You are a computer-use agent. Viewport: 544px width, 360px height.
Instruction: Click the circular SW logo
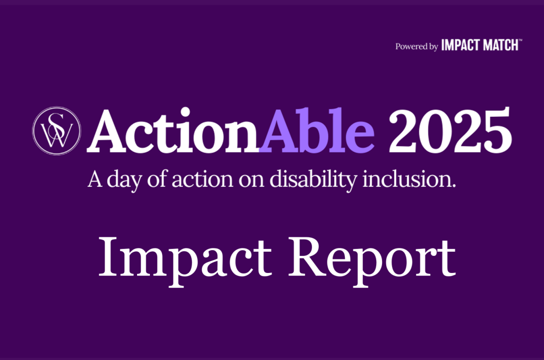click(x=56, y=131)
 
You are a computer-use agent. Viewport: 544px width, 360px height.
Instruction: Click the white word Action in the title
click(x=173, y=131)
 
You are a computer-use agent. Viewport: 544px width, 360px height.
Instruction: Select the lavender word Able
click(x=317, y=130)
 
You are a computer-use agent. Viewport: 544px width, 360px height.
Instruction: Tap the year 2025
click(x=449, y=130)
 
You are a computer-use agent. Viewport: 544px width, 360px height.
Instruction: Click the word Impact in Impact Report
click(x=185, y=262)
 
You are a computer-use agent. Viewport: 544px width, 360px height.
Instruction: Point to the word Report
click(x=372, y=262)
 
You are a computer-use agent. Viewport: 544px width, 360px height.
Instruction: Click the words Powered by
click(x=416, y=47)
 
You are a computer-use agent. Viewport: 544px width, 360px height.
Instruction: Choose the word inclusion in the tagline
click(x=406, y=179)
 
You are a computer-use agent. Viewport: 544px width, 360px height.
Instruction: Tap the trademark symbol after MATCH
click(x=520, y=40)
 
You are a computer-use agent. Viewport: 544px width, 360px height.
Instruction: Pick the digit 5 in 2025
click(x=496, y=131)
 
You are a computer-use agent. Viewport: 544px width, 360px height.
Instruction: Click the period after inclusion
click(x=454, y=186)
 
